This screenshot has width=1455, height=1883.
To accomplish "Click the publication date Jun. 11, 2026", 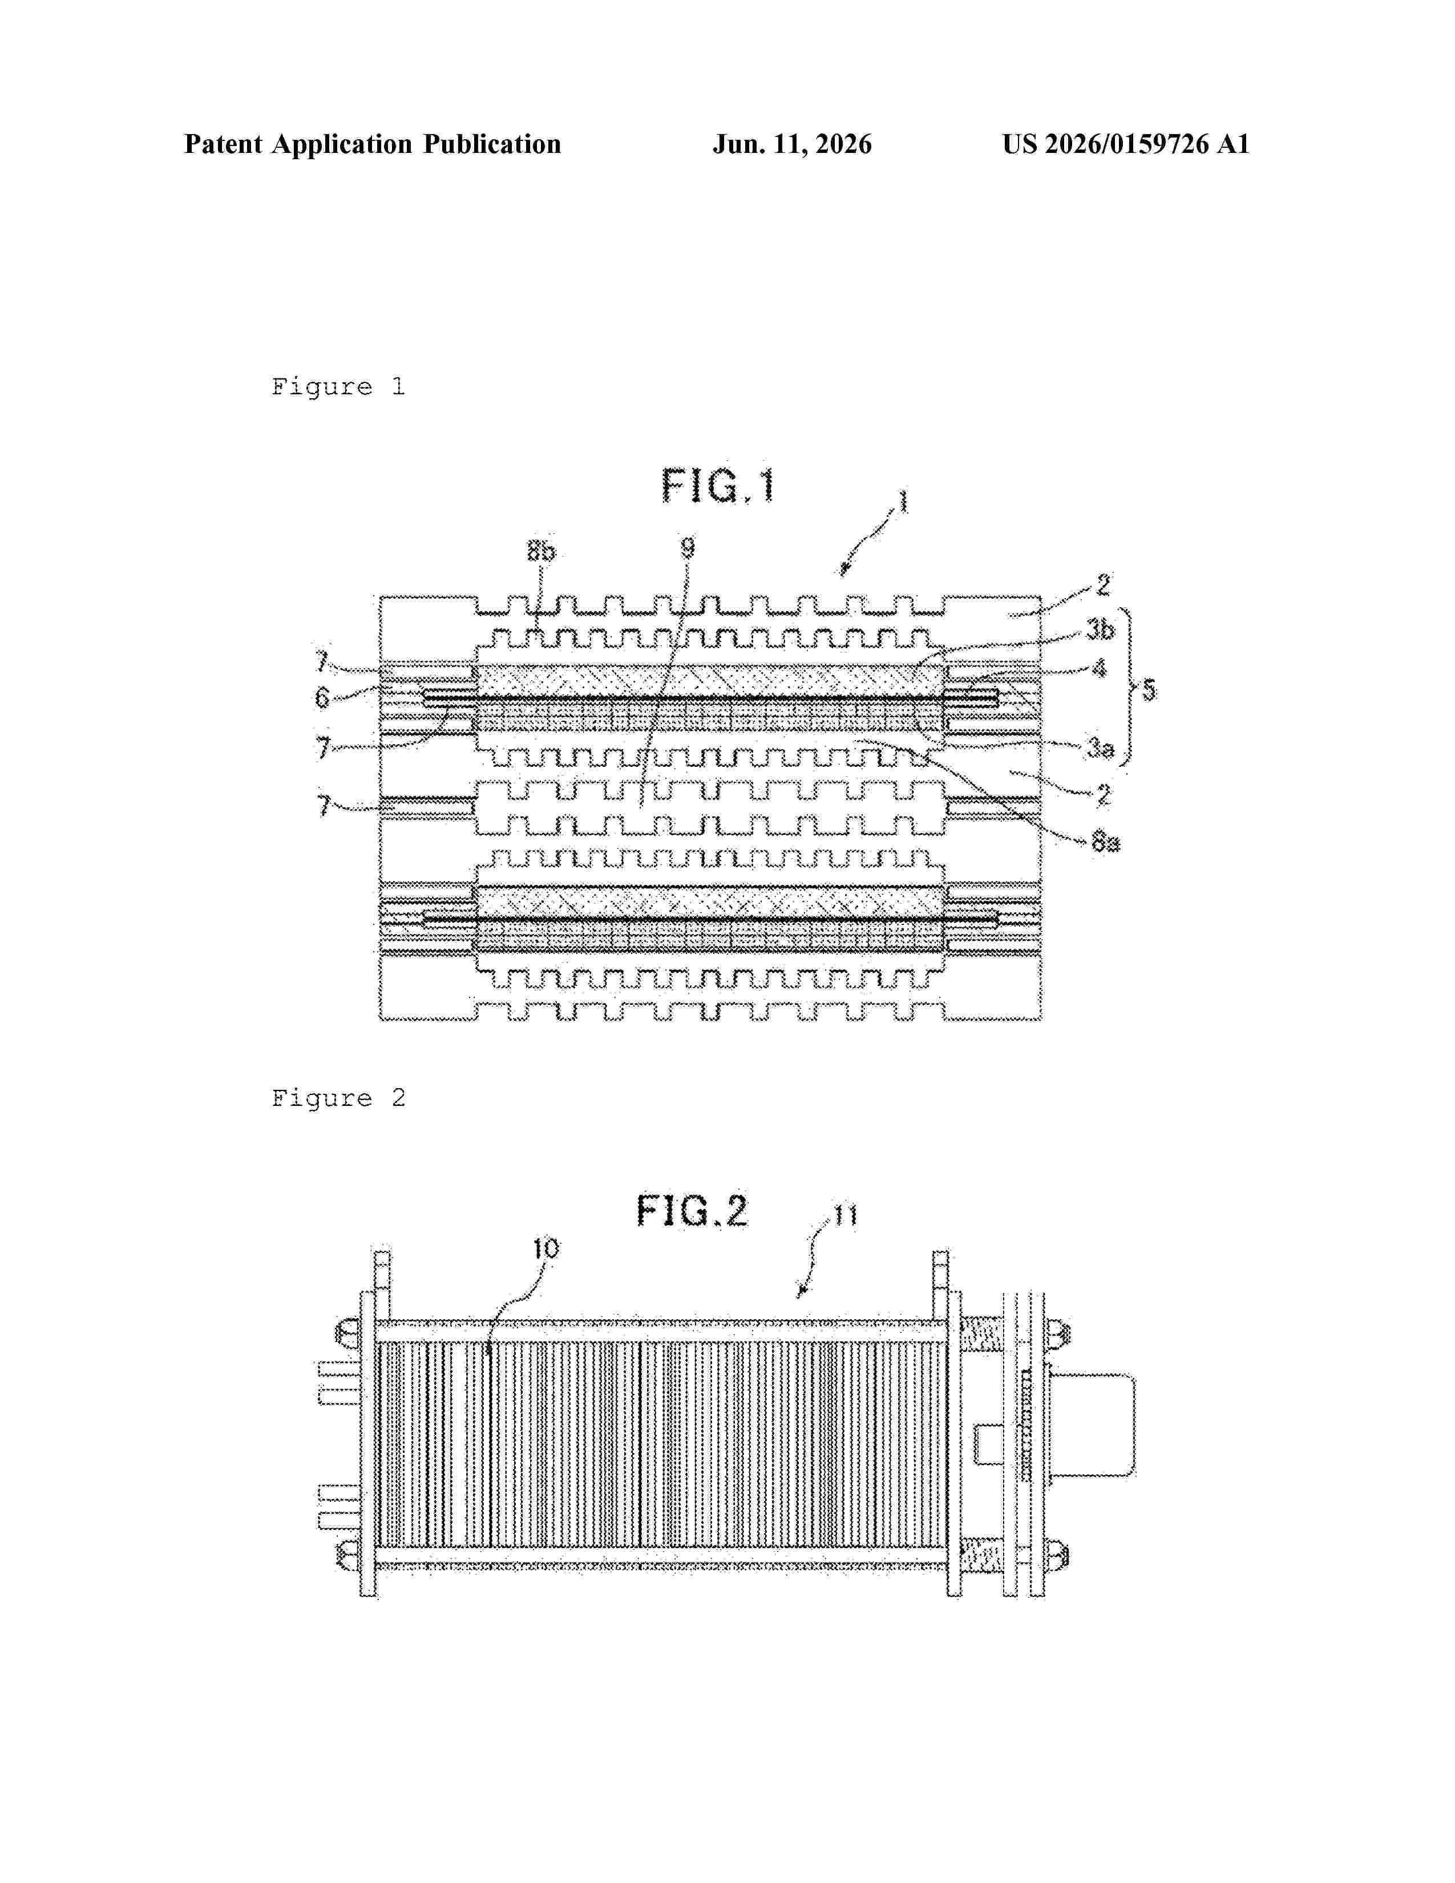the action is click(791, 144).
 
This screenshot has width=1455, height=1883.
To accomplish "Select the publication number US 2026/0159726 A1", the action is click(1126, 144).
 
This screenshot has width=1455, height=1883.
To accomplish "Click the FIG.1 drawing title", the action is click(718, 486).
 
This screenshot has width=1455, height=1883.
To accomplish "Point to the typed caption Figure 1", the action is click(338, 387).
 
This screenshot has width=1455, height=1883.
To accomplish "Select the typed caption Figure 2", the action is click(338, 1098).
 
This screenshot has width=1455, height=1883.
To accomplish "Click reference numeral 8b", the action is click(541, 551).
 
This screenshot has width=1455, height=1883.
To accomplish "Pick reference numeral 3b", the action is click(1100, 631).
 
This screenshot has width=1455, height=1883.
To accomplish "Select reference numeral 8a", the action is click(1105, 842).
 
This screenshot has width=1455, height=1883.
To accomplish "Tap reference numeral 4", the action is click(1099, 668).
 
